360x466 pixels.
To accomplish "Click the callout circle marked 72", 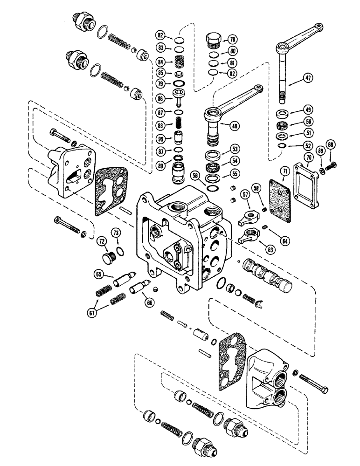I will tap(100, 241).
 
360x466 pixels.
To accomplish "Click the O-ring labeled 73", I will tap(120, 252).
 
